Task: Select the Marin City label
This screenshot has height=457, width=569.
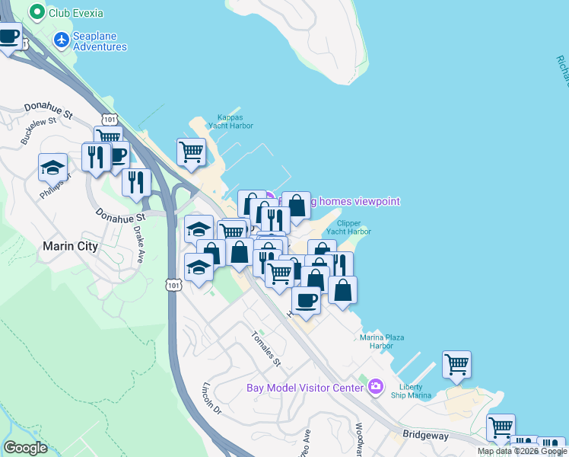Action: (x=70, y=246)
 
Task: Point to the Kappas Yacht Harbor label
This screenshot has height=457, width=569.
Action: (x=230, y=121)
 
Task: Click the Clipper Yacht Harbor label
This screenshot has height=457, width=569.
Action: (x=348, y=226)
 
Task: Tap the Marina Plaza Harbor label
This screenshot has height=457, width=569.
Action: (x=381, y=340)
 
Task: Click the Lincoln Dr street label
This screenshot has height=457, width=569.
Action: (x=211, y=398)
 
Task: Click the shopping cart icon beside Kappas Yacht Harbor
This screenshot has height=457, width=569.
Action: (x=191, y=151)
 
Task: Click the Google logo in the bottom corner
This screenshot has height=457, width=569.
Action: (x=25, y=448)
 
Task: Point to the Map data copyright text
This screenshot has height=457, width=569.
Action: (x=522, y=451)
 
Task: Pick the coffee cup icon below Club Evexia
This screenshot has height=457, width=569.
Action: (x=8, y=35)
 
